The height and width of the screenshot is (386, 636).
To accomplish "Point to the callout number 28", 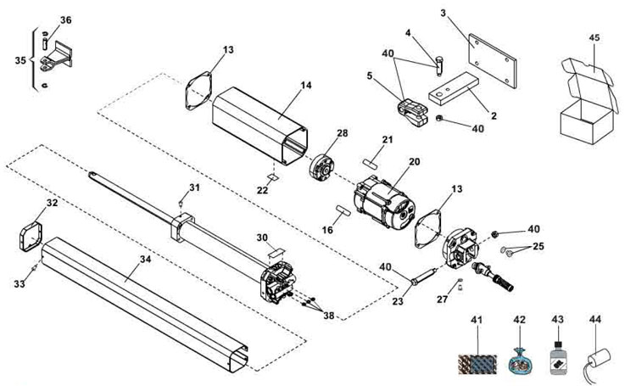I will click(342, 133).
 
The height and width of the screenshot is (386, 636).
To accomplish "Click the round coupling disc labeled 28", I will click(323, 163).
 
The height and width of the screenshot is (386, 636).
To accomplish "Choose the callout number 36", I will click(67, 20).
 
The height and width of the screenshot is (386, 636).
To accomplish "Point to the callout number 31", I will click(194, 187).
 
